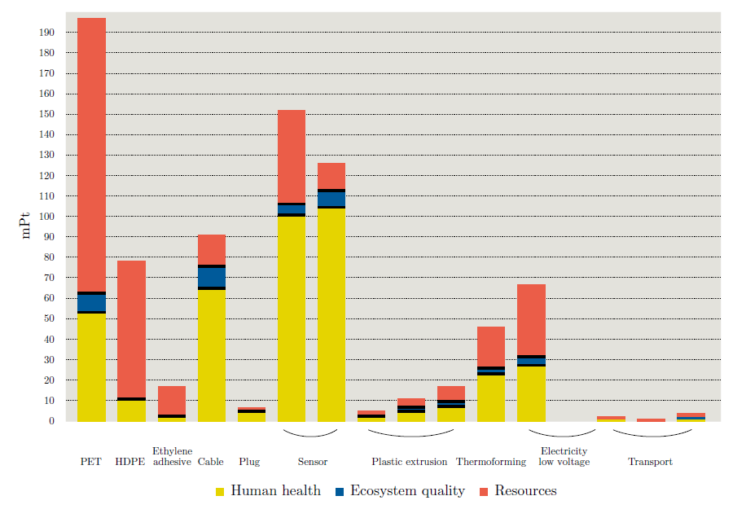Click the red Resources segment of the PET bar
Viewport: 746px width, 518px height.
[91, 155]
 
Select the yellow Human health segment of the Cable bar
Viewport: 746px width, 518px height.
[212, 355]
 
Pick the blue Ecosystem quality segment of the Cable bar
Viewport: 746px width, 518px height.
[212, 277]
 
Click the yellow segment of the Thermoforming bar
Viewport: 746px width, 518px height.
[491, 398]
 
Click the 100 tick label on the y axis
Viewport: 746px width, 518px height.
[47, 217]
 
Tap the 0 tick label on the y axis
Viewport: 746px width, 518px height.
[51, 421]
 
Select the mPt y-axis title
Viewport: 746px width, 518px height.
[26, 225]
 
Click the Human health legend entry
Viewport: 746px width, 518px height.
[268, 491]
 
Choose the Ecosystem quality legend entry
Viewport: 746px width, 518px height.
[400, 491]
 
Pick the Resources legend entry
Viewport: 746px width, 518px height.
[518, 491]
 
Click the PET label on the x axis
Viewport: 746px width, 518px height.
[91, 462]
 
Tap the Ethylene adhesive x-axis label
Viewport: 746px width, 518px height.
[172, 456]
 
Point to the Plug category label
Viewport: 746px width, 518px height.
[249, 462]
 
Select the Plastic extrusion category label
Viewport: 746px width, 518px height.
[410, 462]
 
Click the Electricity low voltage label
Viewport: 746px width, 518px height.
[564, 456]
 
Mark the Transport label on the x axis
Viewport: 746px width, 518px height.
[650, 462]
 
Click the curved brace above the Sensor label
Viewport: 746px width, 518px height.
[310, 433]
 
